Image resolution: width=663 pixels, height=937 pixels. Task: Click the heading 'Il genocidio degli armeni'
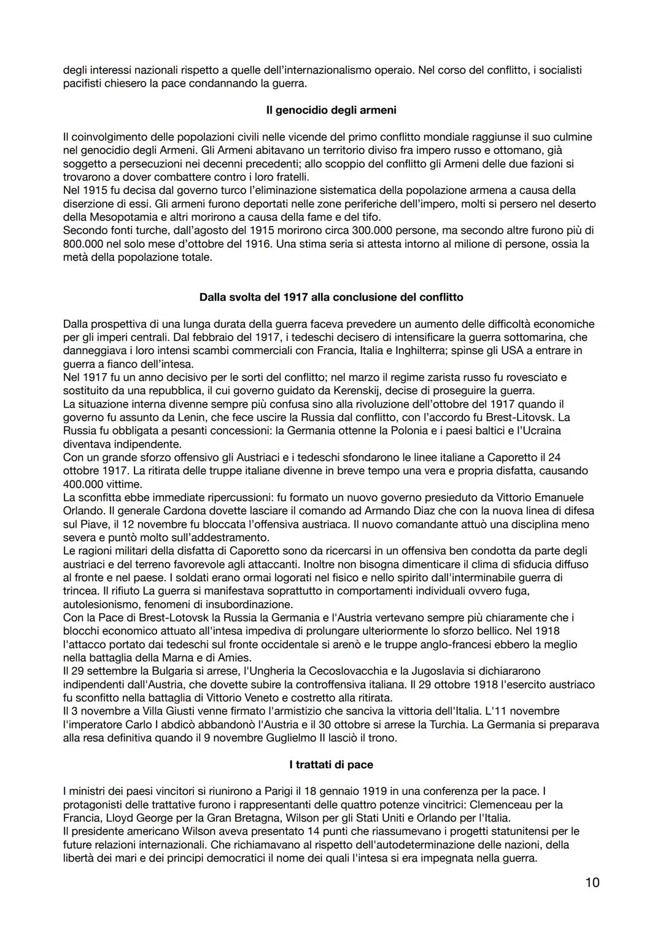click(331, 110)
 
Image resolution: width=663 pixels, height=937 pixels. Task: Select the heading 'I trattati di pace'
click(331, 765)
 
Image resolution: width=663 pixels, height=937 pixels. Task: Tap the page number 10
click(592, 882)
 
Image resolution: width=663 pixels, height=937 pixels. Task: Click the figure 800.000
click(83, 244)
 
